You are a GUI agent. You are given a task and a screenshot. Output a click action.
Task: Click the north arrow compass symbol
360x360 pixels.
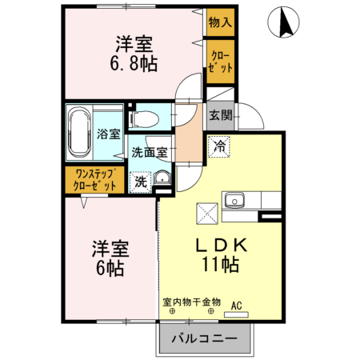tap(283, 22)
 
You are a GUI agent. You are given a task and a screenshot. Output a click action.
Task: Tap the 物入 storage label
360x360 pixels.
tap(220, 22)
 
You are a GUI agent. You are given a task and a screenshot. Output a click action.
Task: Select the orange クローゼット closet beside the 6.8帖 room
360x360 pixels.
tap(221, 62)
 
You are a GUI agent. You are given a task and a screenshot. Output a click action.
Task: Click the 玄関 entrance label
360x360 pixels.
tap(220, 115)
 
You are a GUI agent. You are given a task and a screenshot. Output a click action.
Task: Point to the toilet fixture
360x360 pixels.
tap(143, 119)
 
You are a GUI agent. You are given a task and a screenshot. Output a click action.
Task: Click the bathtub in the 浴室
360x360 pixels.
tap(79, 134)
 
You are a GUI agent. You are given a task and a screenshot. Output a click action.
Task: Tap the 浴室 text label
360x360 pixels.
tap(109, 134)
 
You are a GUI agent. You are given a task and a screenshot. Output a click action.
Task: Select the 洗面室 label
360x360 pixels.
tap(150, 152)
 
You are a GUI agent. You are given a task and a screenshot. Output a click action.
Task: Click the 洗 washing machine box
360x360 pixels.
tap(140, 182)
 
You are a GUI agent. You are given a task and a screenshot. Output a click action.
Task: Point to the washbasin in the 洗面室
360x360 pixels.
tap(162, 178)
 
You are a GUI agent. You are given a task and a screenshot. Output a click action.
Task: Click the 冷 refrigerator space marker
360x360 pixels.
tap(219, 146)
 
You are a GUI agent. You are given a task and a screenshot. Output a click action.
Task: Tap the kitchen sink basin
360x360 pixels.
tap(234, 200)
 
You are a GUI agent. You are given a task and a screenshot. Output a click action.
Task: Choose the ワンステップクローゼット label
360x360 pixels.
tap(94, 180)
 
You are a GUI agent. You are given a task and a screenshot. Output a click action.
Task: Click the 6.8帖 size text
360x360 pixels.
tap(134, 64)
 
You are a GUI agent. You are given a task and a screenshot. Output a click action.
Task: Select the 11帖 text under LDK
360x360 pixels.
tap(221, 264)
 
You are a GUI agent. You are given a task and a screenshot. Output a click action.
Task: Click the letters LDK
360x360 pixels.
tap(222, 245)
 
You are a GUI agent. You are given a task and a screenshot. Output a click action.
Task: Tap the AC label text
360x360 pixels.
tap(236, 306)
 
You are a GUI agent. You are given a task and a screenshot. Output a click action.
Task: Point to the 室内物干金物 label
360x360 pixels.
tap(192, 302)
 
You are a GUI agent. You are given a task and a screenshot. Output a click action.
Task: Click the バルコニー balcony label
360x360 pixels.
tap(204, 338)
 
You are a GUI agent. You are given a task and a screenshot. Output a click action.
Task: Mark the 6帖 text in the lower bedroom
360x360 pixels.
tap(110, 268)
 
